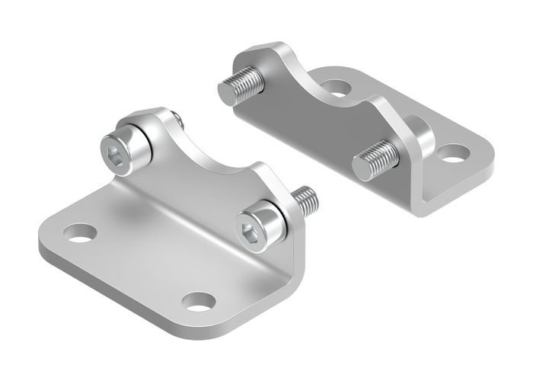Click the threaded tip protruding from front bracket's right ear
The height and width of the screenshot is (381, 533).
308,199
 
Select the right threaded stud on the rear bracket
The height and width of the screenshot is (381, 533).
375,159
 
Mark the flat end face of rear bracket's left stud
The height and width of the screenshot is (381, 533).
229,94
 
